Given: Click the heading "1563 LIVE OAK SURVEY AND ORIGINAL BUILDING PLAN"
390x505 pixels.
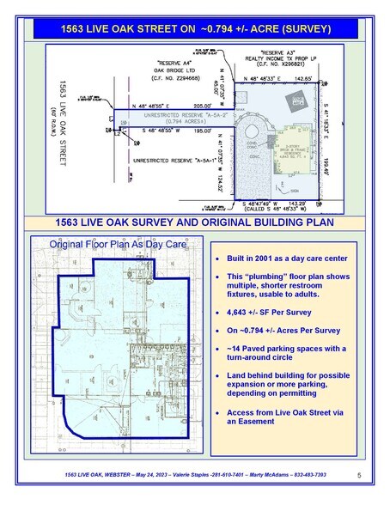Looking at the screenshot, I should click(x=194, y=222).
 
